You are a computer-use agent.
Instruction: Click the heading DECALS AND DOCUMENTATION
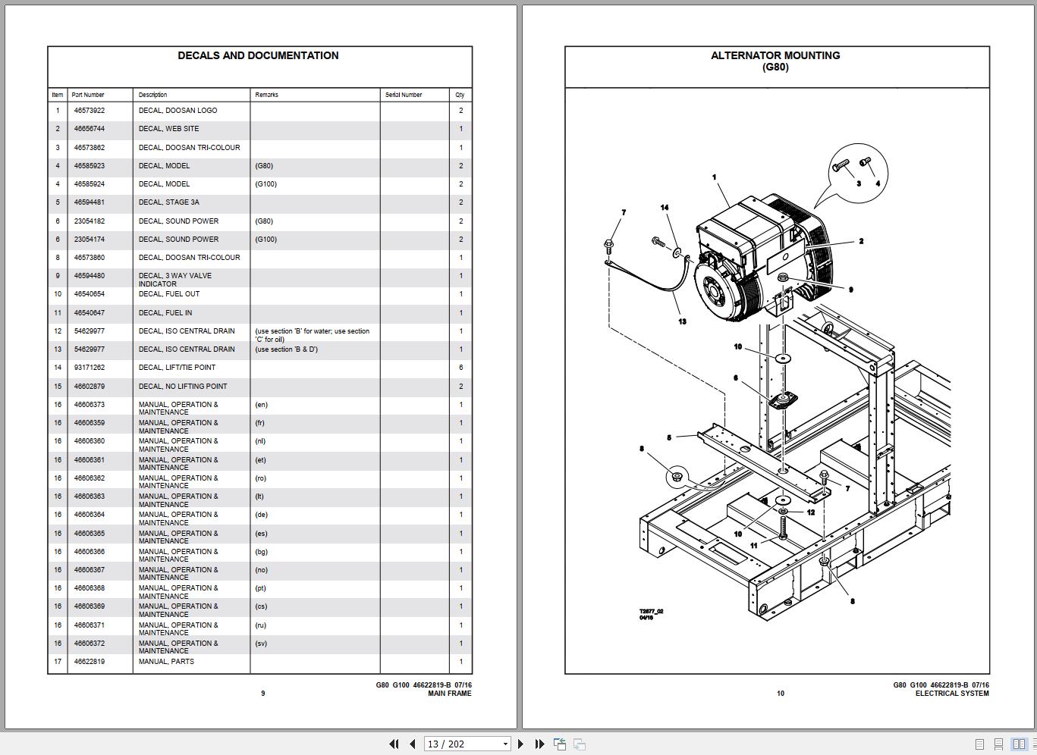258,55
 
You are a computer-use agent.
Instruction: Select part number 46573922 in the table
90,111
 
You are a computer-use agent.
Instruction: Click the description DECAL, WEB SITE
168,129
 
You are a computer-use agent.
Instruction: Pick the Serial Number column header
404,95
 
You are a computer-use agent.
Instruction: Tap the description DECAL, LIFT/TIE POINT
177,368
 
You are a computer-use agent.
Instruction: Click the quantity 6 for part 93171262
460,368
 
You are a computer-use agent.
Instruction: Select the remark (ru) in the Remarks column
261,625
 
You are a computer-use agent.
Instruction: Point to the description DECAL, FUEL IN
165,312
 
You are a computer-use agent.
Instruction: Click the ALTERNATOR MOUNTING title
775,55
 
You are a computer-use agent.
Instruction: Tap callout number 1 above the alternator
714,177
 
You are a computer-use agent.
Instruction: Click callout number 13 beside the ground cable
682,321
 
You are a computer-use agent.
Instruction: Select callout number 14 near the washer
665,207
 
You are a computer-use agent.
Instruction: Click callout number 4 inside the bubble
878,183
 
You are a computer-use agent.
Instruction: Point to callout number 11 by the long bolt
753,545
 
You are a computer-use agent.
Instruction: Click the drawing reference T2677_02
651,611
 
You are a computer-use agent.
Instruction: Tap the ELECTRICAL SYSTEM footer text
951,694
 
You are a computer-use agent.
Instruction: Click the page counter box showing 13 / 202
466,744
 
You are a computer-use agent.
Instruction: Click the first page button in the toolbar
394,744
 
